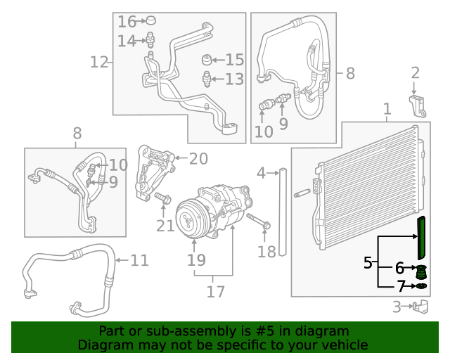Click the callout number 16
point(127,21)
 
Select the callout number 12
point(99,63)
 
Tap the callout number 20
point(198,159)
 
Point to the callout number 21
point(165,225)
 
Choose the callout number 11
point(139,261)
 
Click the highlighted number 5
point(368,264)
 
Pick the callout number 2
point(415,72)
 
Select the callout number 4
point(262,172)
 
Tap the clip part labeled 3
point(420,307)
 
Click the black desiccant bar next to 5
point(421,237)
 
